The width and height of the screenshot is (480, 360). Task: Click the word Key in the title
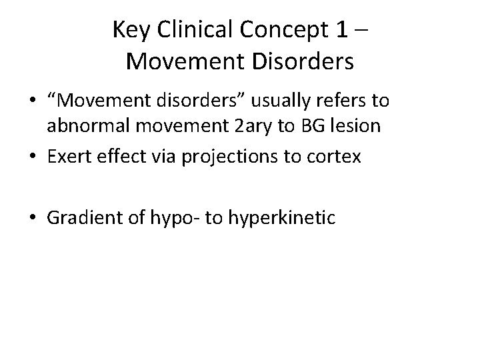(130, 30)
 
